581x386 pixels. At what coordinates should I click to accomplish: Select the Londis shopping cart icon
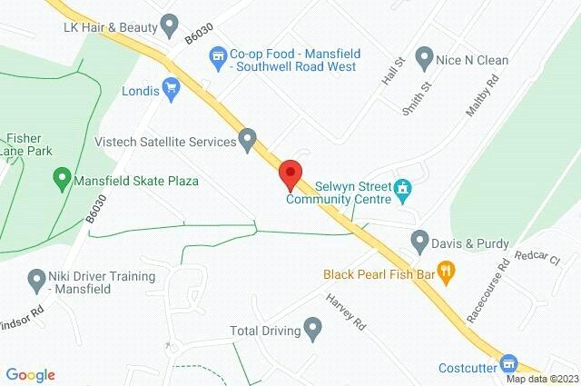[172, 89]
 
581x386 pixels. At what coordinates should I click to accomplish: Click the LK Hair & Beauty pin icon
[168, 25]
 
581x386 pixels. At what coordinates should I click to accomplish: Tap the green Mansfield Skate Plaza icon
[63, 179]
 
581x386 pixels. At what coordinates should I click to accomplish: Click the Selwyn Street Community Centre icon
[404, 190]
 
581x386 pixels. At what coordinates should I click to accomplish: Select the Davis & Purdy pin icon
[419, 242]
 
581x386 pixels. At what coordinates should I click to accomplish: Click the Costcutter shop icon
[508, 362]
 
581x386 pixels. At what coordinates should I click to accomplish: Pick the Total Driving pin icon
[313, 328]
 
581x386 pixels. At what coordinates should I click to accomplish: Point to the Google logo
[31, 374]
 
